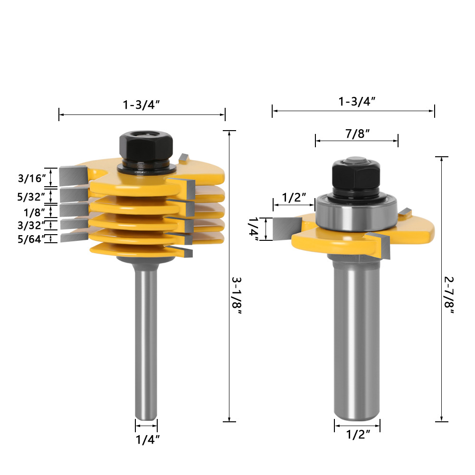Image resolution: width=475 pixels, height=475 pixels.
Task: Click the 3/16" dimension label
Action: (x=32, y=178)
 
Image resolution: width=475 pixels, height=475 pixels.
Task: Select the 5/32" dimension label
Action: (x=31, y=197)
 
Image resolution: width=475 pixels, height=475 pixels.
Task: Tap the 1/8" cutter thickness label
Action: (x=34, y=212)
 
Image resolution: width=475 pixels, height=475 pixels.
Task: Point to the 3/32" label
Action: (x=31, y=225)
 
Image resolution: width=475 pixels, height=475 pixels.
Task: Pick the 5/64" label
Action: (x=31, y=239)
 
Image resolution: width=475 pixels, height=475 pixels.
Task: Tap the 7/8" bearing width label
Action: (x=358, y=133)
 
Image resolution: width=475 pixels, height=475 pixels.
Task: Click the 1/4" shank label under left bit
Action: (x=148, y=439)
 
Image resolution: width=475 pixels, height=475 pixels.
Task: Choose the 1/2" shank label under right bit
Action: (x=358, y=435)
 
